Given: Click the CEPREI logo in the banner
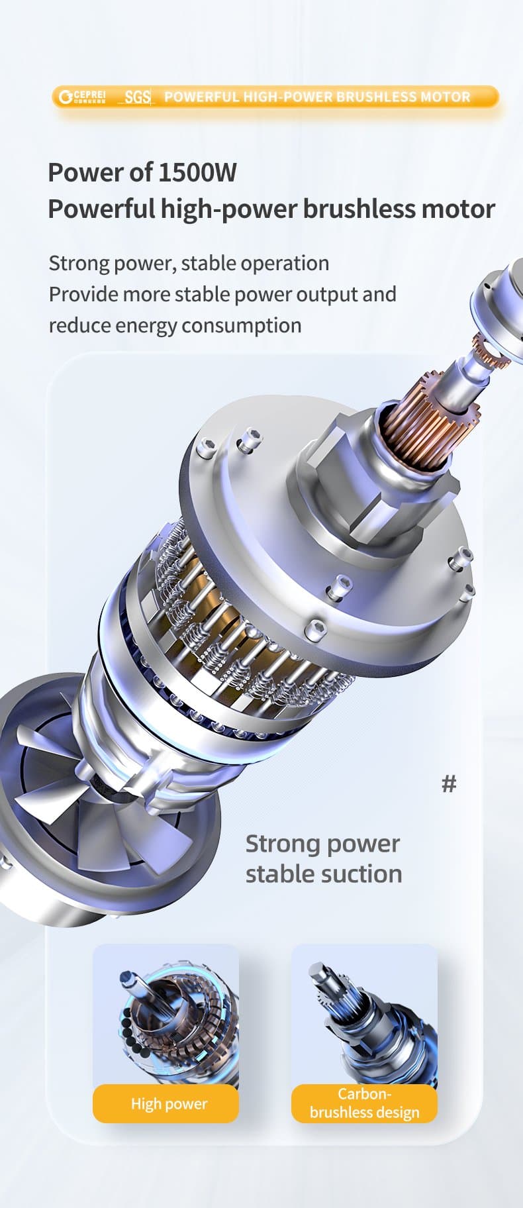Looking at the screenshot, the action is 81,97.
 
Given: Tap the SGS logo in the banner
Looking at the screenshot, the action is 137,97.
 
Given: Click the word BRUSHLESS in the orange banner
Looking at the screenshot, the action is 373,97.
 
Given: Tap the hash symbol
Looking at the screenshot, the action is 449,784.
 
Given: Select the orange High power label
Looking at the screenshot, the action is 166,1104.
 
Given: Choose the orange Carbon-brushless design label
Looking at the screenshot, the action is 364,1104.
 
